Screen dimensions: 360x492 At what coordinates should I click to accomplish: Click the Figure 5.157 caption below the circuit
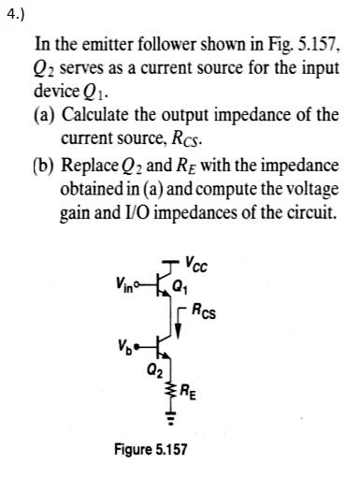(151, 449)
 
